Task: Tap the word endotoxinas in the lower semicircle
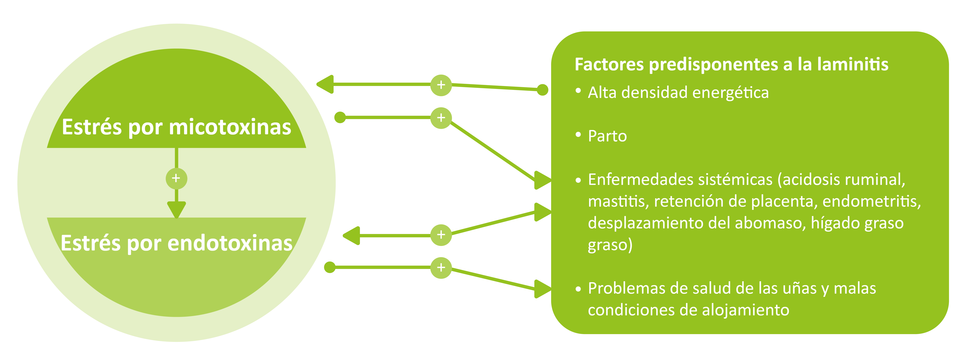230,243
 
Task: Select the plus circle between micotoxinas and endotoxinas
176,178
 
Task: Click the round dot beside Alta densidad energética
542,90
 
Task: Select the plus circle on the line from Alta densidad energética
441,85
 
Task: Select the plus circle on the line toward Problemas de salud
441,268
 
